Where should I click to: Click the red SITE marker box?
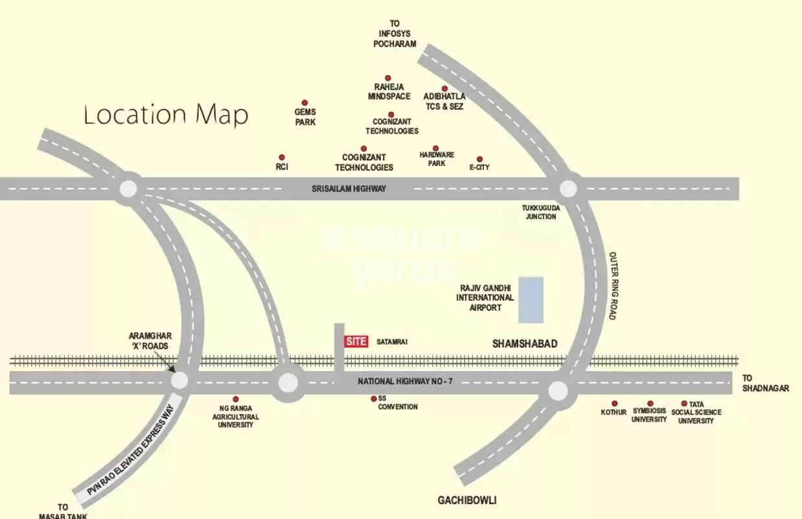(356, 342)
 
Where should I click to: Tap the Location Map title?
(166, 115)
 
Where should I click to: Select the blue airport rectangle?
(531, 300)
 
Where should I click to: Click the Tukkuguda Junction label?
(541, 212)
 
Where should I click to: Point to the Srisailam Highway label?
(349, 189)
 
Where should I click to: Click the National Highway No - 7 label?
(406, 381)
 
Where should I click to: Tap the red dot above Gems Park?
(305, 103)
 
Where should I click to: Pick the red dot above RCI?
(282, 158)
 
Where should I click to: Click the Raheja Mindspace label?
(389, 91)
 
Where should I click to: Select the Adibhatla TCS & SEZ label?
(444, 102)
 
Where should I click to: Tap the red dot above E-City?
(480, 159)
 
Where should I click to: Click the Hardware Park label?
(437, 159)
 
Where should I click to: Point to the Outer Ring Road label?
(613, 285)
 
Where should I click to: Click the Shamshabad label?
(525, 344)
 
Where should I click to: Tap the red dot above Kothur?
(615, 404)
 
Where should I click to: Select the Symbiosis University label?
(649, 415)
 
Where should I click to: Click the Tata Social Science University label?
(696, 416)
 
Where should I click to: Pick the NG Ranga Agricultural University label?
(235, 417)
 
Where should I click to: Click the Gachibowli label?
(467, 501)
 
